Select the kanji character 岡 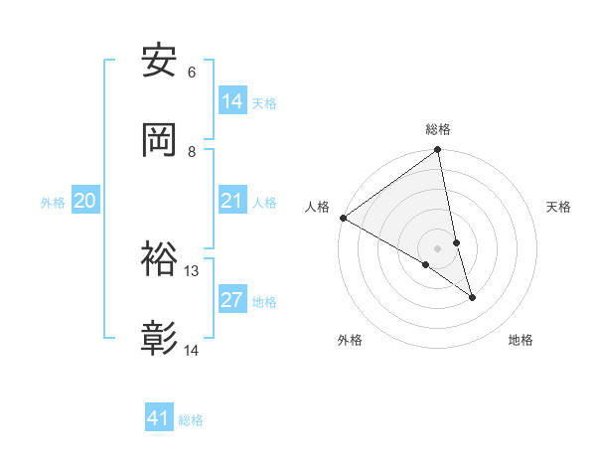click(160, 139)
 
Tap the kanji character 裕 click(160, 258)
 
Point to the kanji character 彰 click(160, 339)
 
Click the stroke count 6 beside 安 click(192, 73)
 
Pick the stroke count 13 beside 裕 click(192, 270)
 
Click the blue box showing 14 click(232, 101)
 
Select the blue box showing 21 click(232, 201)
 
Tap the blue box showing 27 click(232, 300)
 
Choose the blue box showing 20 click(85, 201)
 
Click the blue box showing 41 click(159, 418)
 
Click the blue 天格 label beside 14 click(264, 103)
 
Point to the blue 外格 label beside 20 click(53, 203)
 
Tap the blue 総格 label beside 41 click(191, 420)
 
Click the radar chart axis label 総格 click(438, 129)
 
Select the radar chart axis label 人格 click(317, 207)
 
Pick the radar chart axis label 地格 click(521, 340)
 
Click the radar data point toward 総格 click(438, 151)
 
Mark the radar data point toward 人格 click(343, 218)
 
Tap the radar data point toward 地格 click(472, 297)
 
